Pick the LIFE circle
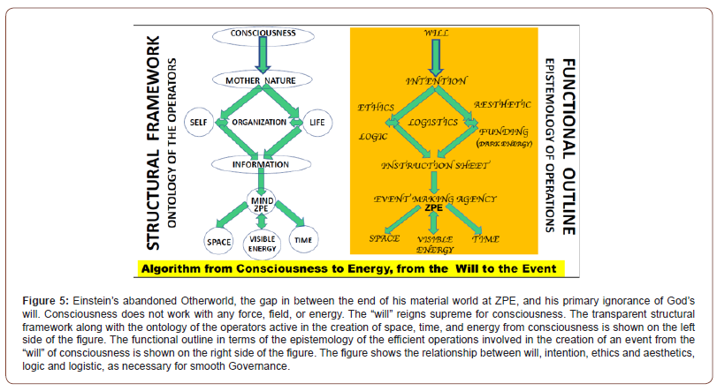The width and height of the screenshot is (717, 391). pos(317,120)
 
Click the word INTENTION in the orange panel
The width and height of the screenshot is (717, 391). pos(436,80)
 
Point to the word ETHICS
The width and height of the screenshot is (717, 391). pos(376,108)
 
